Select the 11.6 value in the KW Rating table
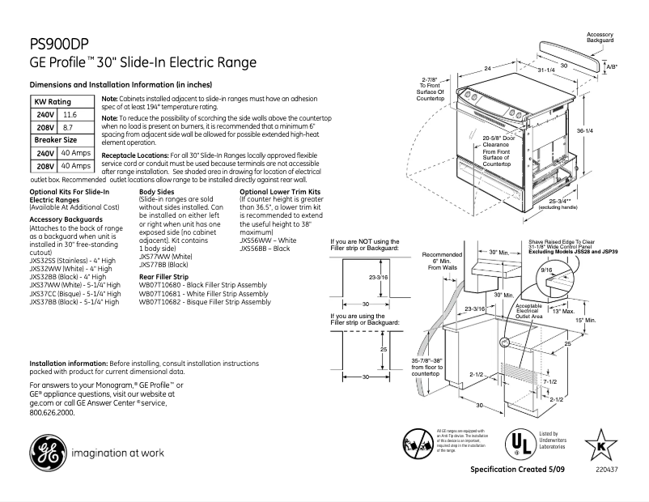coord(70,116)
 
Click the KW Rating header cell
coord(53,102)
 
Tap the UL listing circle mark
coord(514,443)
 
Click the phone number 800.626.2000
coord(52,412)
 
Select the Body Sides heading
coord(156,192)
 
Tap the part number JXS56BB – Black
coord(265,249)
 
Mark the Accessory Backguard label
coord(600,37)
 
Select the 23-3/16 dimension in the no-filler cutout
coord(377,277)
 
